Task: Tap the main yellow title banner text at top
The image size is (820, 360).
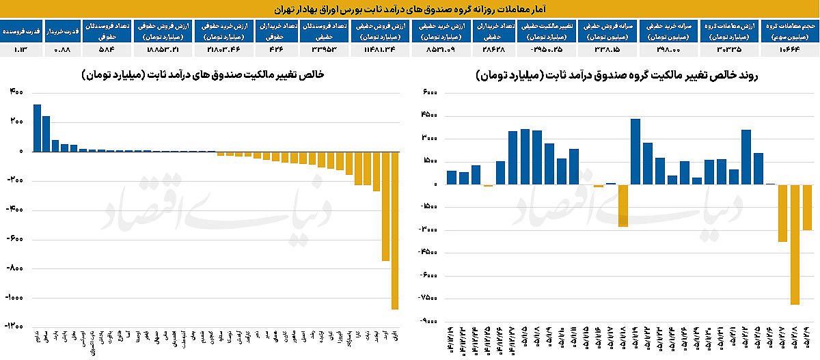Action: click(410, 9)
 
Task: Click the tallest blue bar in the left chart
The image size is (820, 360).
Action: click(38, 128)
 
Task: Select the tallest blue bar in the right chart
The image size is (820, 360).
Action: click(635, 152)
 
